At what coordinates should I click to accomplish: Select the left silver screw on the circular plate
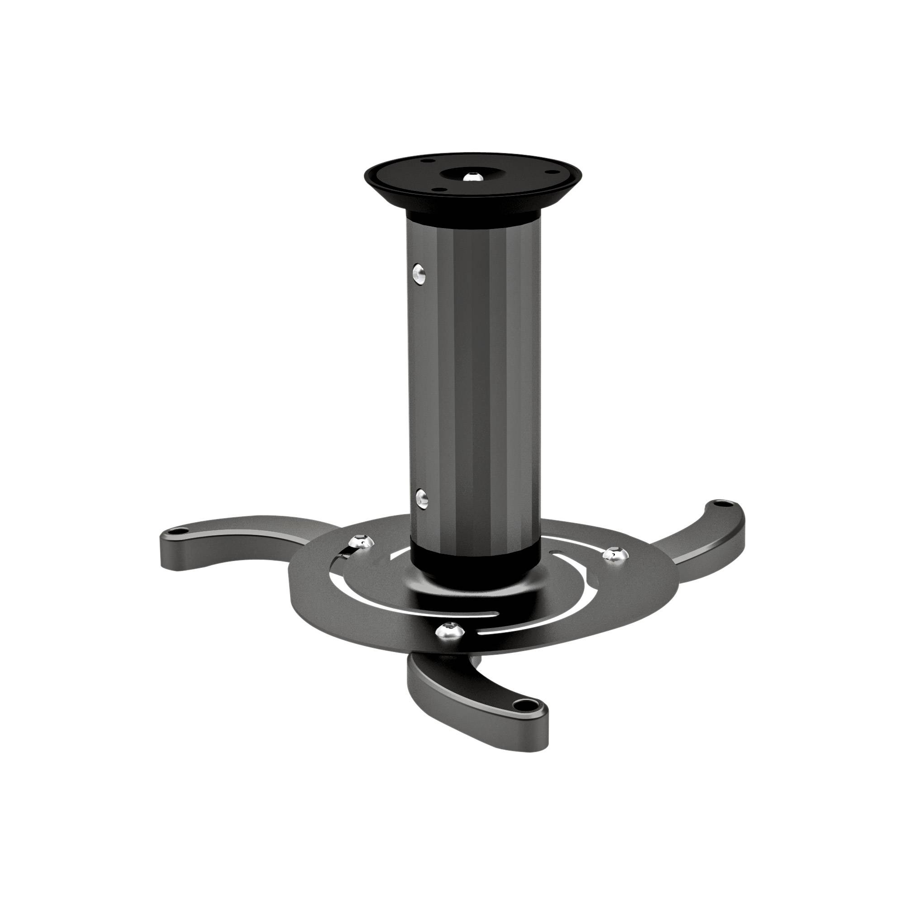click(x=361, y=543)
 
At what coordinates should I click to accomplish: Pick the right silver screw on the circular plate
click(x=611, y=555)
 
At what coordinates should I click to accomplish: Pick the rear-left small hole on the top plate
click(x=428, y=161)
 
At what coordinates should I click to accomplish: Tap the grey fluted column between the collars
click(x=473, y=375)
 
